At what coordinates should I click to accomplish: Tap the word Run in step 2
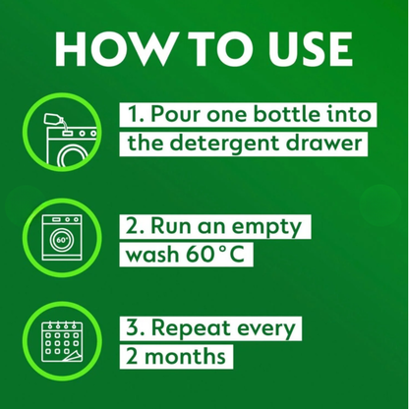click(x=180, y=225)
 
